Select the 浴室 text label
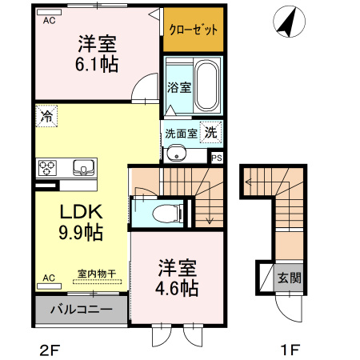(x=178, y=87)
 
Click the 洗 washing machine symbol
(x=210, y=132)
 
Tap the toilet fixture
(x=166, y=213)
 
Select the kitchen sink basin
(x=82, y=168)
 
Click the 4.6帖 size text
(x=177, y=289)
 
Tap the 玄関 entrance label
(x=289, y=279)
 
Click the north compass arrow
(x=286, y=22)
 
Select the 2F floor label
(x=49, y=349)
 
